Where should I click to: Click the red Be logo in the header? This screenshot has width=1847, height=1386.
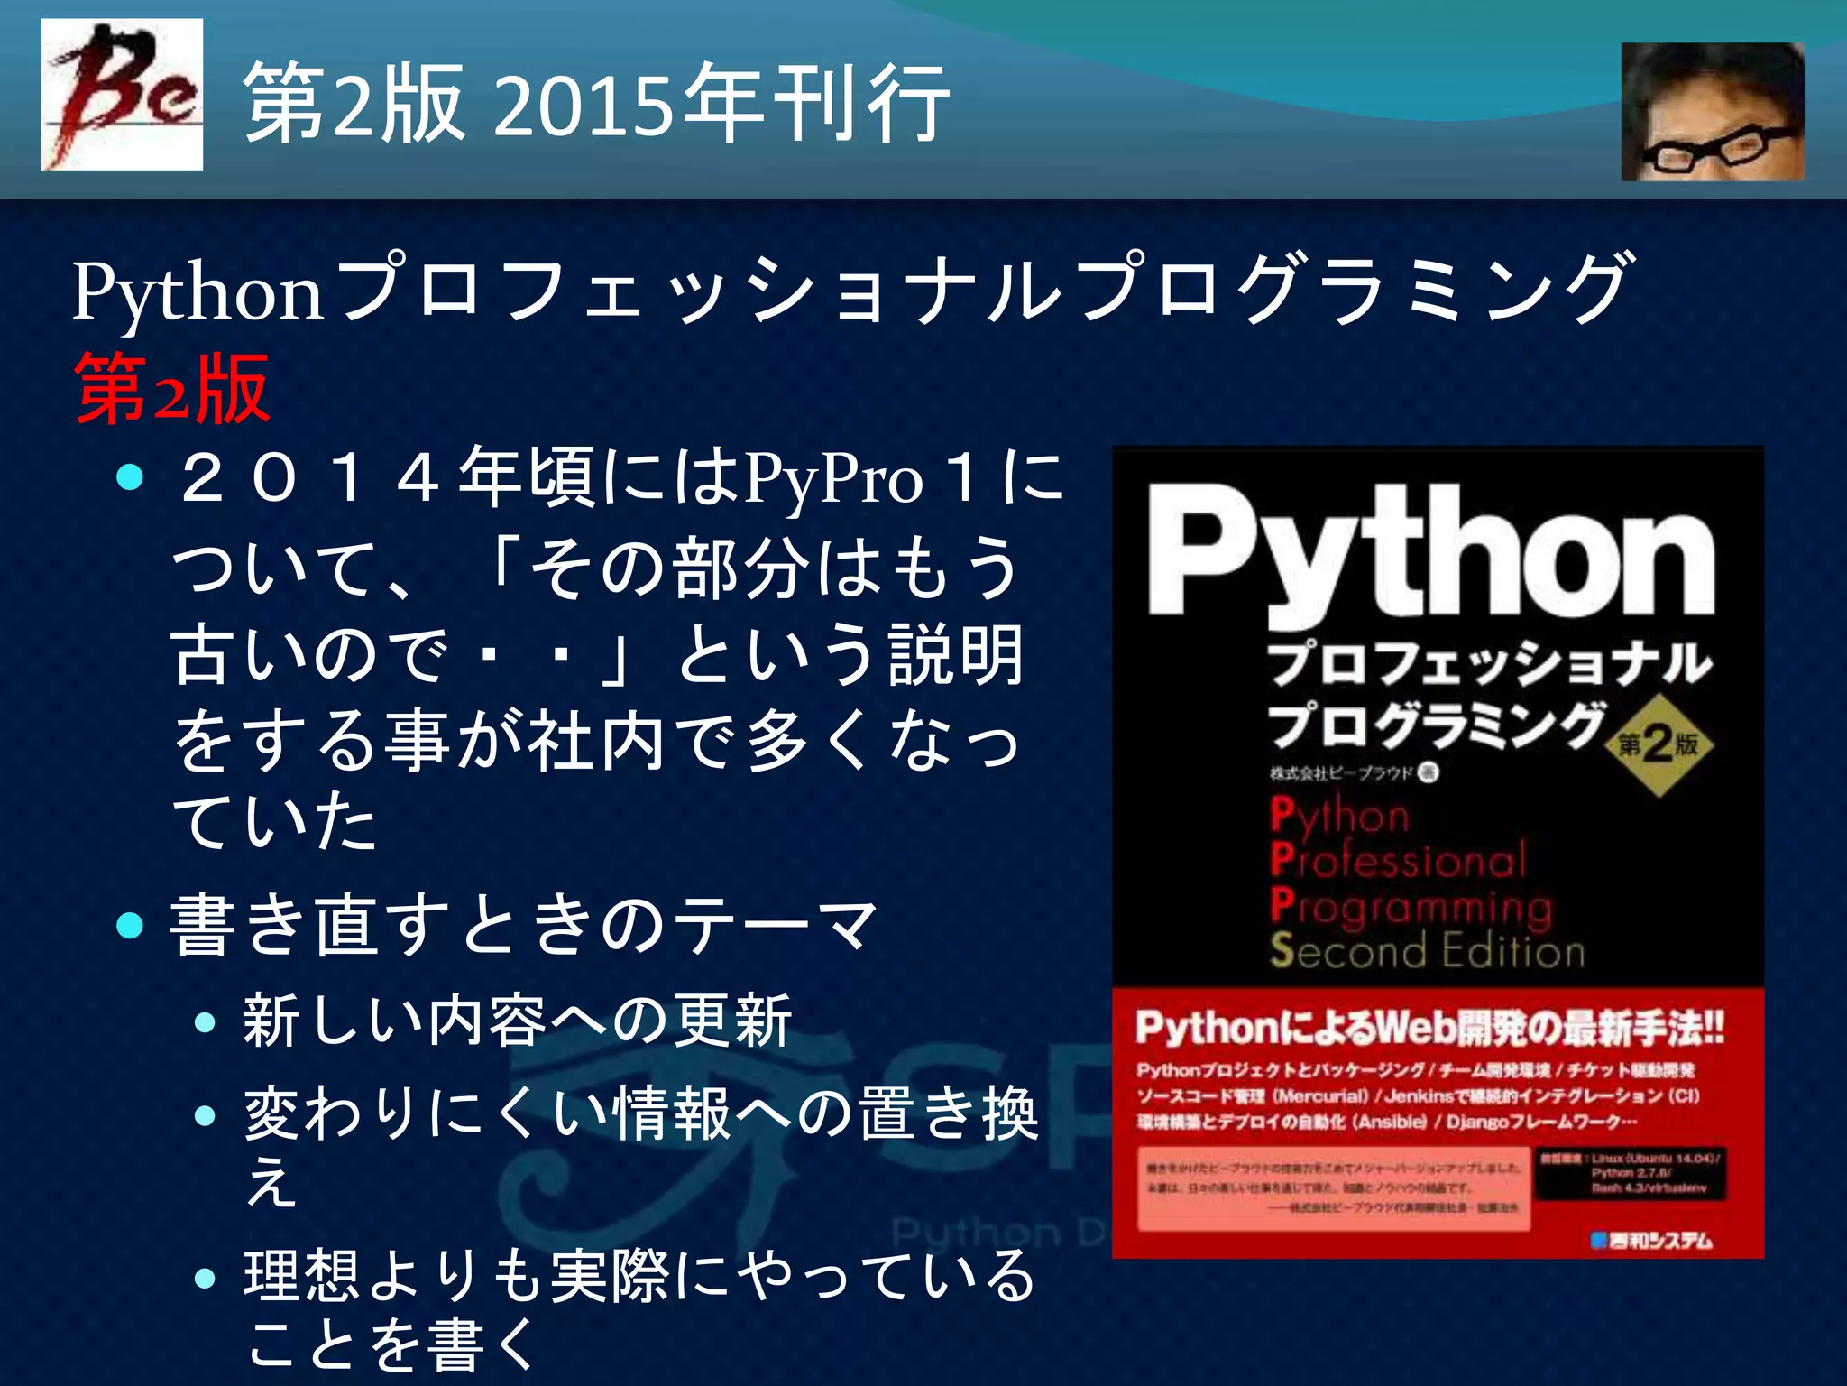coord(122,94)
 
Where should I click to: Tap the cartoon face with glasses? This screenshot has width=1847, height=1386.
coord(1712,112)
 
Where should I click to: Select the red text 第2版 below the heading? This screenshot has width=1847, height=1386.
coord(171,389)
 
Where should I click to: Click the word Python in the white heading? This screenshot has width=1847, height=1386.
coord(198,292)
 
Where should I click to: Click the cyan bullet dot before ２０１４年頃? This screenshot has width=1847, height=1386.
coord(131,477)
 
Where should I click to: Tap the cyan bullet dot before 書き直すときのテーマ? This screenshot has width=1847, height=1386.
coord(131,926)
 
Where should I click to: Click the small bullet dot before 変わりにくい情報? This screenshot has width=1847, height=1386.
coord(206,1116)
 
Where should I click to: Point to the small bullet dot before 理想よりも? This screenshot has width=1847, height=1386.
coord(206,1278)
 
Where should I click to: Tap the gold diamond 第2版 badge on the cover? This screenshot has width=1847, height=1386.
coord(1658,745)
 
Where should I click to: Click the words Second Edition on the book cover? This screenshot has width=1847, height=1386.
coord(1428,950)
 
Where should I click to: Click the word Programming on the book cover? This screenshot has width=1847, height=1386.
coord(1411,905)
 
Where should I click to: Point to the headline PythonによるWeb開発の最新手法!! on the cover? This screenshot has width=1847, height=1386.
coord(1429,1027)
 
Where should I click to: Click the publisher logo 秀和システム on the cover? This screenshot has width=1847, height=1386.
coord(1650,1241)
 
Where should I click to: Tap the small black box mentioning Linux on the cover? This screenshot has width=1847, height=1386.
coord(1630,1172)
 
